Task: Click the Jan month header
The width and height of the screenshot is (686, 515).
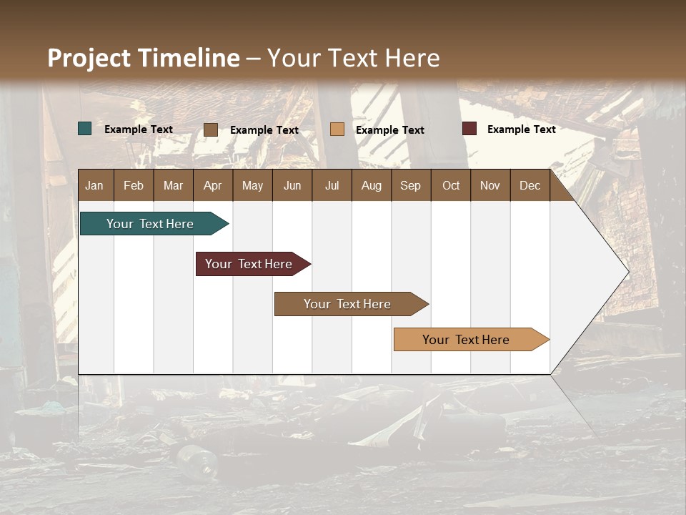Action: [94, 185]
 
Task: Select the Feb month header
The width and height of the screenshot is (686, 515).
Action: [134, 185]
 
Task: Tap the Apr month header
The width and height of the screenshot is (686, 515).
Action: [212, 185]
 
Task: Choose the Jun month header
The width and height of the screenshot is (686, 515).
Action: [292, 185]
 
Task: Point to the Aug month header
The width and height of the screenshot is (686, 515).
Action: [371, 185]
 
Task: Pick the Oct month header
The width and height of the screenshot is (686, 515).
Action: [451, 185]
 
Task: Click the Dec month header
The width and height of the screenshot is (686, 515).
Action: [530, 185]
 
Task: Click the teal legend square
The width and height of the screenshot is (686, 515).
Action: [85, 129]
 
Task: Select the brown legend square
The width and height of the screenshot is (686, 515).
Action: [211, 129]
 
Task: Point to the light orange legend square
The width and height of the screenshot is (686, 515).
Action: [337, 129]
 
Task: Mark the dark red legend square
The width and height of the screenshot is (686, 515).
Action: [469, 129]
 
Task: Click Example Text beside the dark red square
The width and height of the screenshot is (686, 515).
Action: [521, 129]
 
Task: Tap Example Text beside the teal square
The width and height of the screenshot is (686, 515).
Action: [139, 129]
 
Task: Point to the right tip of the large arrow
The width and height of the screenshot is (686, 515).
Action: [627, 272]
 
